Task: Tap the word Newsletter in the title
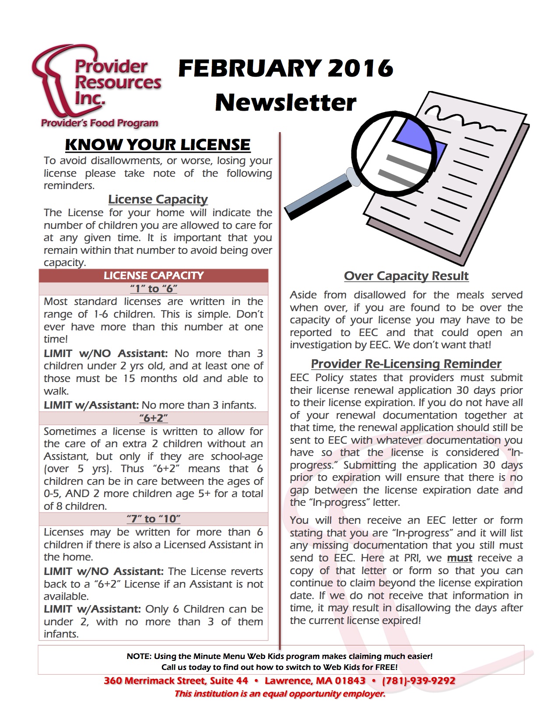click(286, 102)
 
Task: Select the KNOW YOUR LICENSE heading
click(158, 145)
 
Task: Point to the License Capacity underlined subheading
click(158, 200)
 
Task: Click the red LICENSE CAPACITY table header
click(154, 276)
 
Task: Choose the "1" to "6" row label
click(154, 289)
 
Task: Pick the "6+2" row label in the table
click(154, 418)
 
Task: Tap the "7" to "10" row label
click(154, 519)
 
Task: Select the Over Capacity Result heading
click(406, 276)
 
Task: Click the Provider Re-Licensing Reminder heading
click(406, 364)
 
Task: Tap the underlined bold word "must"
click(460, 558)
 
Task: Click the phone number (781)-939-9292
click(418, 681)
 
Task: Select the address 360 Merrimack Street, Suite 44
click(176, 681)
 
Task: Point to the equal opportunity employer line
click(280, 694)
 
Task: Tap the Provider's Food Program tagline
click(99, 123)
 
